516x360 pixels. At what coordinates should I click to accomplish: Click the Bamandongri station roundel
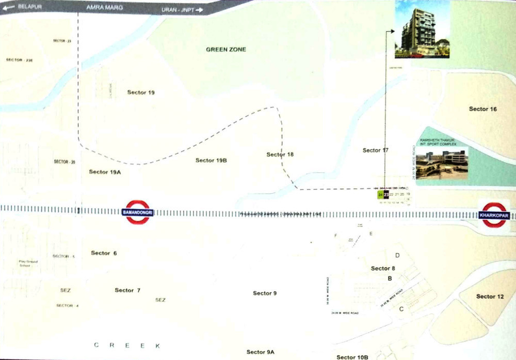[x=138, y=212]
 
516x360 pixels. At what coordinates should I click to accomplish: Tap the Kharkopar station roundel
[x=494, y=214]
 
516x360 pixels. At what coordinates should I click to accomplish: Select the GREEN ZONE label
[x=226, y=50]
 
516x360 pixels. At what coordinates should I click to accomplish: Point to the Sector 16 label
[x=482, y=109]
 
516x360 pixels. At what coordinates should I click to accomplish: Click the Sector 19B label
[x=211, y=160]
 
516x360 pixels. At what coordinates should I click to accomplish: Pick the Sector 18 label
[x=280, y=154]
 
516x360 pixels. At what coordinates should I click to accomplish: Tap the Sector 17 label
[x=375, y=150]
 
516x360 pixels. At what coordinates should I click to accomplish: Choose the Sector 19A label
[x=105, y=171]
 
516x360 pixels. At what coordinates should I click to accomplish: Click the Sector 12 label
[x=490, y=296]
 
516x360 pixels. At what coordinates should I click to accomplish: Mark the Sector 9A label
[x=260, y=352]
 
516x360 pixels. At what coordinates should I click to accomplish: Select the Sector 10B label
[x=352, y=357]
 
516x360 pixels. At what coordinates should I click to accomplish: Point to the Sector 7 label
[x=127, y=290]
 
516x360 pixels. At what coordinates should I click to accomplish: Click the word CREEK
[x=127, y=345]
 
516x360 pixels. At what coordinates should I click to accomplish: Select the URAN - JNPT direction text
[x=179, y=9]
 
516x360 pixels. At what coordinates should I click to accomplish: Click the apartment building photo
[x=422, y=29]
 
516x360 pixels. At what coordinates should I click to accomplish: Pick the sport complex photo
[x=442, y=164]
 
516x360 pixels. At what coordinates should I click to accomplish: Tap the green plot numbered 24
[x=380, y=195]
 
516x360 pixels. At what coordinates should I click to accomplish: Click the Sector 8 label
[x=383, y=268]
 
